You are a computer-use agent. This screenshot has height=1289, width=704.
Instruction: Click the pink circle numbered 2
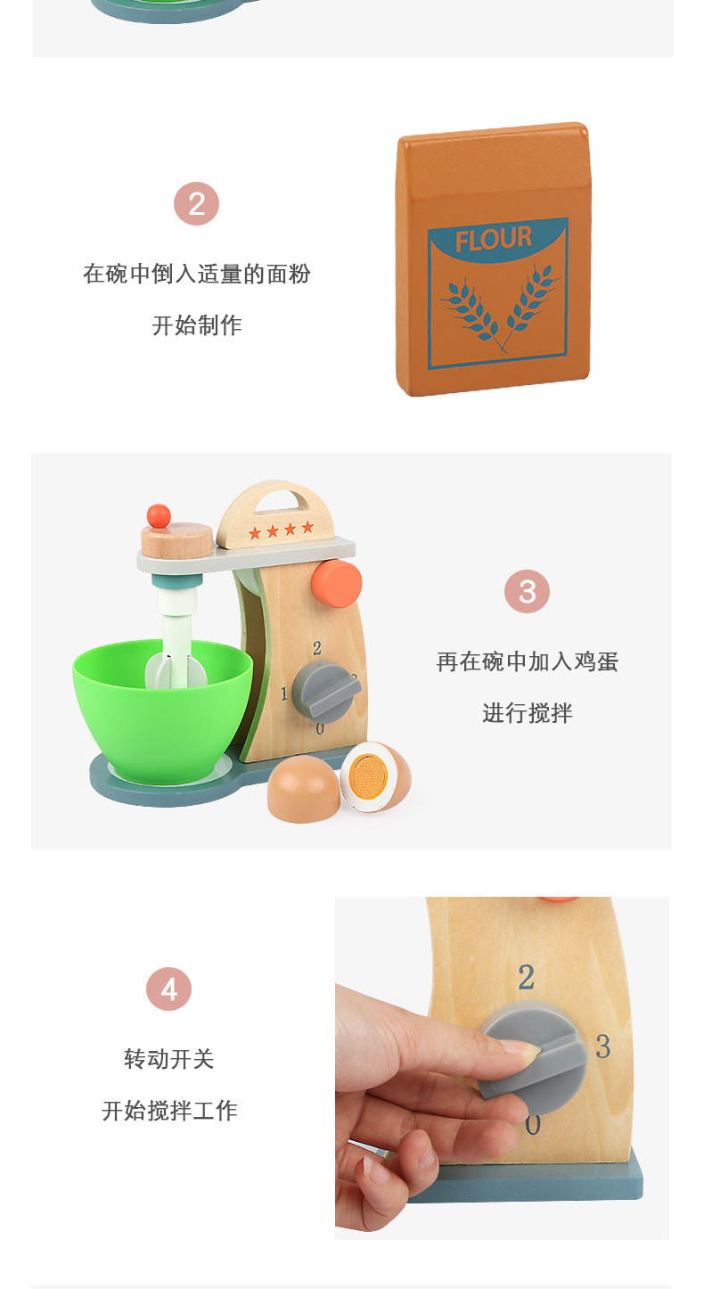pyautogui.click(x=196, y=204)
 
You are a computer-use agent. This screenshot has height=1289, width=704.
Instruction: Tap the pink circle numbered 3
pyautogui.click(x=527, y=592)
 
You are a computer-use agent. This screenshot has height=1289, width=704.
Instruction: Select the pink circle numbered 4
pyautogui.click(x=169, y=989)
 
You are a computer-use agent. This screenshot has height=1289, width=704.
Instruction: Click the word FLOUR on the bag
pyautogui.click(x=494, y=239)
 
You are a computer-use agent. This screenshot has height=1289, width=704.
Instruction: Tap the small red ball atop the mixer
pyautogui.click(x=159, y=515)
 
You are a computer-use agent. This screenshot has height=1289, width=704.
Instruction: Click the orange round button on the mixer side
pyautogui.click(x=337, y=584)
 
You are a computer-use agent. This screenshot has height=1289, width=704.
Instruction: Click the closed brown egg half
pyautogui.click(x=303, y=788)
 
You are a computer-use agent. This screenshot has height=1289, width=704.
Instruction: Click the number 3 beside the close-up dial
pyautogui.click(x=603, y=1047)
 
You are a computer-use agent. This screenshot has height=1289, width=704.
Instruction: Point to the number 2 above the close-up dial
pyautogui.click(x=527, y=978)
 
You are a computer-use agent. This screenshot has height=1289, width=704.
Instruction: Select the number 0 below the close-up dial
pyautogui.click(x=533, y=1125)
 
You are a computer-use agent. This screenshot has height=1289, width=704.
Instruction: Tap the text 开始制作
pyautogui.click(x=197, y=325)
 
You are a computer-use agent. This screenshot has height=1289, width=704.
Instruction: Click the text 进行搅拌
pyautogui.click(x=527, y=713)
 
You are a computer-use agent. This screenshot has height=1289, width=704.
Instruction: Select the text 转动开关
pyautogui.click(x=169, y=1059)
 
